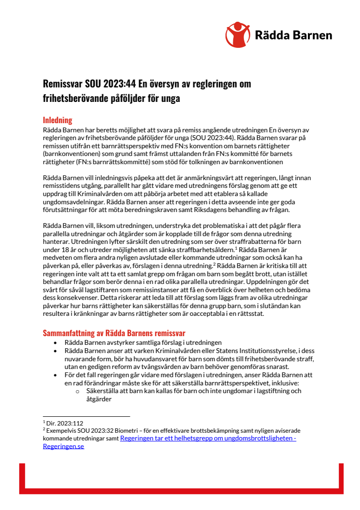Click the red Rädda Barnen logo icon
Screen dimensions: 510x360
point(237,34)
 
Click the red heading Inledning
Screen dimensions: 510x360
point(57,120)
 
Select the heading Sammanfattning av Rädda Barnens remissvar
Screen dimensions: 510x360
point(114,333)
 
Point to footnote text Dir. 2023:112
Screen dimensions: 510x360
point(62,423)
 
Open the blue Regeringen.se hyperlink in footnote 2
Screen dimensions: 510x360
point(63,446)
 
